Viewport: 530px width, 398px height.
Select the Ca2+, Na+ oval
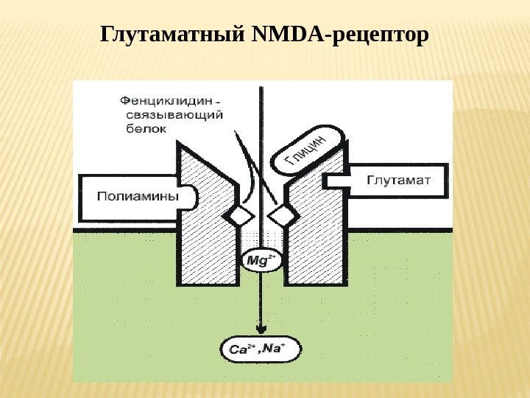(261, 349)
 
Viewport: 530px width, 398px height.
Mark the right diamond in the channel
(280, 215)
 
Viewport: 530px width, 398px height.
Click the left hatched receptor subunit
(210, 236)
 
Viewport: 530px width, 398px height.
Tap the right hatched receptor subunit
(313, 236)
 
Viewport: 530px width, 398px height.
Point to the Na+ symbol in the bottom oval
(283, 348)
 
